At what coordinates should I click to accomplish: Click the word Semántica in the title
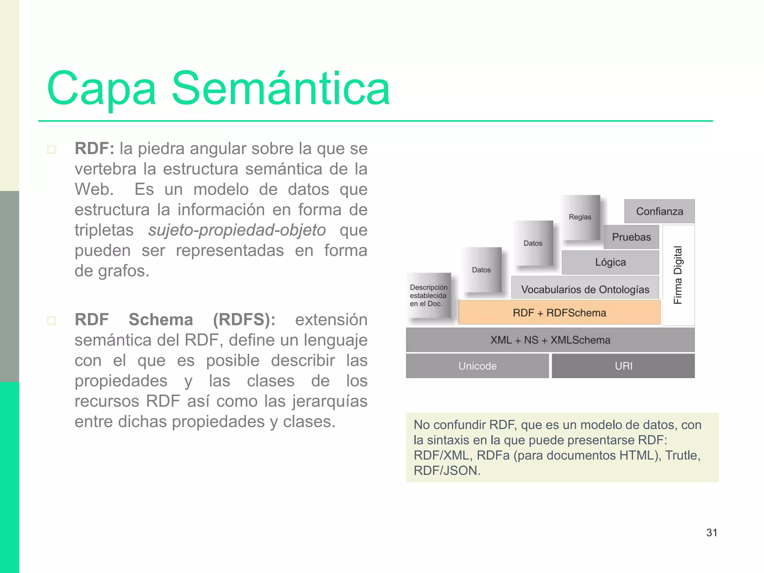click(x=281, y=89)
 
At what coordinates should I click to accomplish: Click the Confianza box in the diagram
click(x=659, y=212)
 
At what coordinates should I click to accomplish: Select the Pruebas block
click(x=631, y=237)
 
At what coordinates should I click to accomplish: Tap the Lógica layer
click(x=610, y=262)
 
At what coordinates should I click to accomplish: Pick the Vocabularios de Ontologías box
click(x=585, y=289)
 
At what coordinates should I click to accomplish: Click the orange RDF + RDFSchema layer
click(x=559, y=313)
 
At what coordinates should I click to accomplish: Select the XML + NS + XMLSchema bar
click(x=550, y=340)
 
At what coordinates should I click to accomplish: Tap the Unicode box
click(x=477, y=366)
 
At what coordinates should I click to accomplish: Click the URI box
click(x=623, y=366)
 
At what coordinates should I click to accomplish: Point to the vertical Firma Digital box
click(x=678, y=275)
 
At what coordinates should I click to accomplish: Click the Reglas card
click(x=580, y=217)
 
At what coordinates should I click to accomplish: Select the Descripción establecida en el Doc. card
click(x=428, y=295)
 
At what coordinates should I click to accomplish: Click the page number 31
click(x=711, y=532)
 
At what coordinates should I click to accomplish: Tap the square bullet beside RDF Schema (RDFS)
click(x=51, y=320)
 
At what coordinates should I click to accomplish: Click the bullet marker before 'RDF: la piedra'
click(x=51, y=150)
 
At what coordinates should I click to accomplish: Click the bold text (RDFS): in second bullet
click(x=244, y=320)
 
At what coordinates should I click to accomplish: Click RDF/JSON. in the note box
click(x=447, y=471)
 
